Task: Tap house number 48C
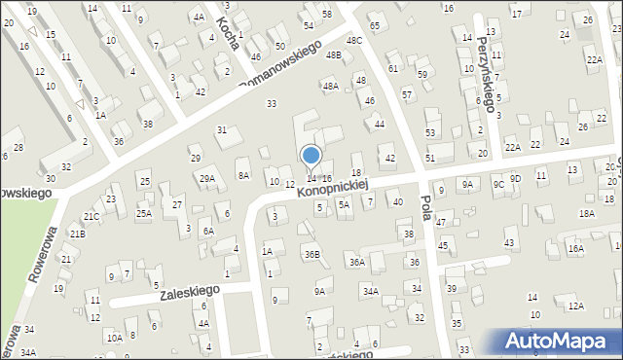(x=353, y=40)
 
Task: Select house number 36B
(x=311, y=255)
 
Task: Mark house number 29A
(x=207, y=178)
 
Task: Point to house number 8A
(x=243, y=175)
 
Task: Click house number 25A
(x=143, y=213)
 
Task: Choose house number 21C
(x=91, y=216)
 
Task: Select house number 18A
(x=586, y=213)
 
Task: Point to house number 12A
(x=576, y=306)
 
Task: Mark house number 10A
(x=114, y=338)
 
